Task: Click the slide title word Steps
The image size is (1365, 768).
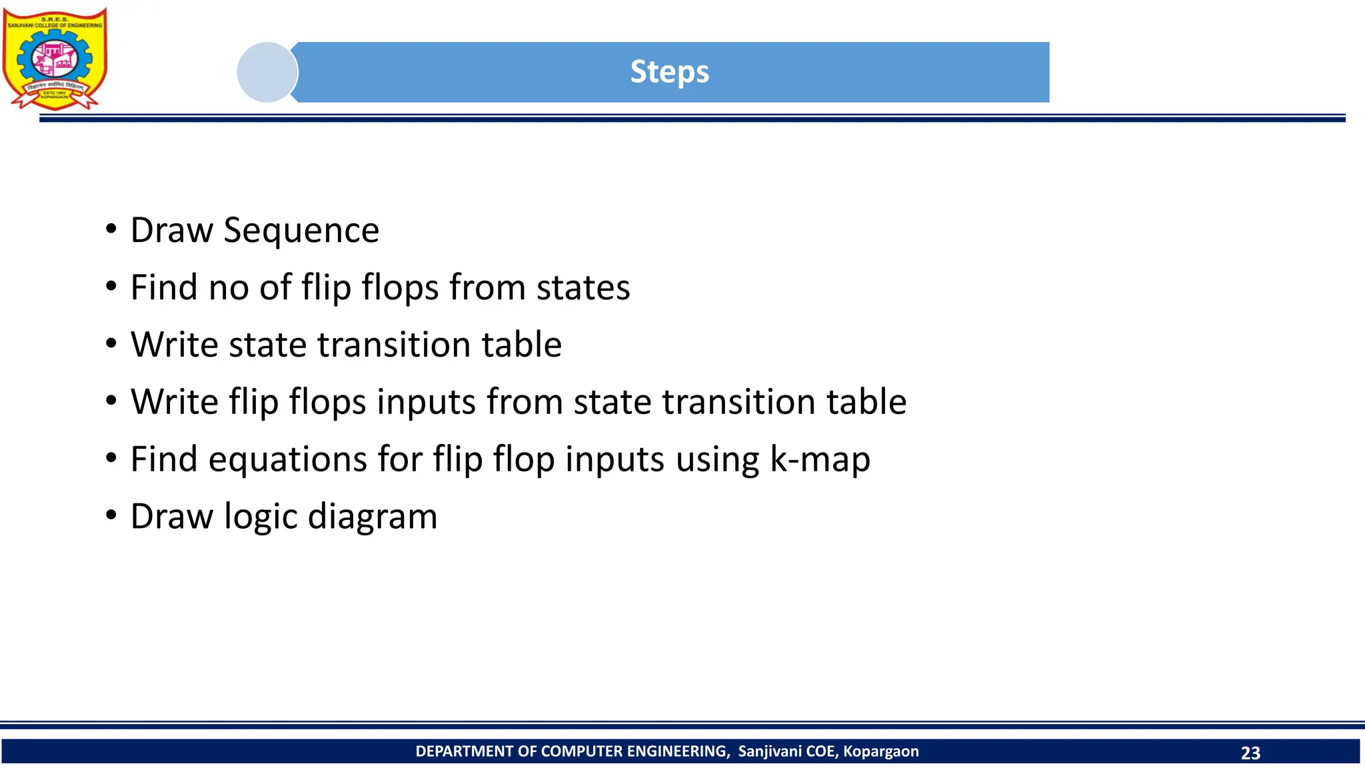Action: [x=669, y=72]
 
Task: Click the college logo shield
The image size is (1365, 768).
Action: [x=55, y=59]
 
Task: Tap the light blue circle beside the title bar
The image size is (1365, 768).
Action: [x=267, y=72]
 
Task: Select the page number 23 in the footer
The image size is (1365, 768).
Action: [x=1250, y=753]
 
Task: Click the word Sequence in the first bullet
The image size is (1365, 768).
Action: [x=301, y=231]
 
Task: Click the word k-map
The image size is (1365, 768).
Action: [x=820, y=460]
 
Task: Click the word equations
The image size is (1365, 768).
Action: [x=288, y=460]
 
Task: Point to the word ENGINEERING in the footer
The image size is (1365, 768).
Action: [x=678, y=751]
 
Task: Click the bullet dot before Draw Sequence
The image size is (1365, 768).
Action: [x=111, y=229]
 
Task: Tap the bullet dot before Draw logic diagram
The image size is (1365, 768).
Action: [x=111, y=515]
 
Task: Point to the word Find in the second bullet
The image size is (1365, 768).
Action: [x=163, y=287]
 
